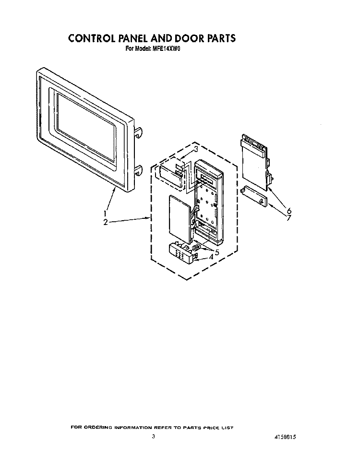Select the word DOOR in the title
tap(187, 38)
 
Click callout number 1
tap(105, 214)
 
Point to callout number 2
tap(106, 222)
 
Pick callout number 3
tap(196, 149)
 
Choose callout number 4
tap(211, 257)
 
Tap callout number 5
tap(217, 252)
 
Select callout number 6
tap(289, 211)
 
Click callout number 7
tap(289, 218)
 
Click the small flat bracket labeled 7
tap(253, 196)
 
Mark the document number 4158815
tap(284, 437)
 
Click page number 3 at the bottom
tap(154, 437)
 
